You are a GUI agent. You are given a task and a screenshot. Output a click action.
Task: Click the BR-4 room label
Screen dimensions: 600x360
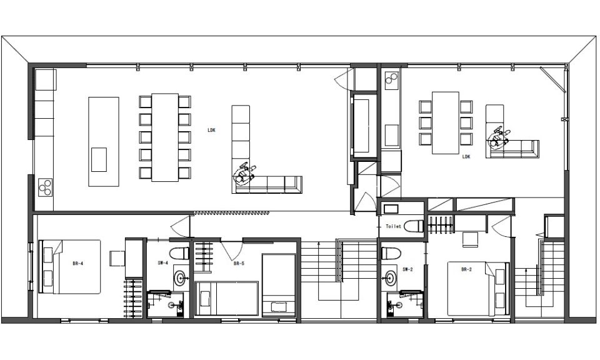click(77, 263)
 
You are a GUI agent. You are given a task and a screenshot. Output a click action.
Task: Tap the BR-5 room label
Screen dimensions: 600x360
click(239, 263)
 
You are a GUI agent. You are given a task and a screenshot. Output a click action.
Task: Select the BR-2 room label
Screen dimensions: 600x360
click(466, 269)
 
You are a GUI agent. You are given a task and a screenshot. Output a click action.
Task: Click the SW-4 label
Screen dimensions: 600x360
click(162, 263)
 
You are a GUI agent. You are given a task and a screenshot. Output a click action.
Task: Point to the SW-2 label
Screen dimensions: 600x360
click(407, 269)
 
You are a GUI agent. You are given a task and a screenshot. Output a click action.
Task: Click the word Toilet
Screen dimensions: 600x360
click(393, 226)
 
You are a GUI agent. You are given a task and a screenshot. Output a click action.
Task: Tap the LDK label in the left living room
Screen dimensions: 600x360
click(212, 130)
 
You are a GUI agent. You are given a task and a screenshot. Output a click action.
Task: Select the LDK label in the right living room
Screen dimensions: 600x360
click(466, 156)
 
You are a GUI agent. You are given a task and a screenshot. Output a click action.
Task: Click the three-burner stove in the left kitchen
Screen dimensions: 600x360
click(45, 187)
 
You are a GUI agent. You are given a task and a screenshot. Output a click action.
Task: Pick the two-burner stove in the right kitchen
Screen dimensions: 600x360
click(391, 78)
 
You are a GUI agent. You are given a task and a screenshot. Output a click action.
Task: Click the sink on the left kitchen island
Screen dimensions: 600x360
click(99, 159)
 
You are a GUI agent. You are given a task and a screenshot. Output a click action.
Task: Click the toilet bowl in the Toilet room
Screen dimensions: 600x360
click(414, 226)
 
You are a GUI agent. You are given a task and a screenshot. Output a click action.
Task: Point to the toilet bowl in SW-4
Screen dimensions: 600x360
click(179, 253)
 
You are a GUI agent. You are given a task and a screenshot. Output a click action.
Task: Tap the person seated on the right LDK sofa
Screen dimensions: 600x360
click(499, 139)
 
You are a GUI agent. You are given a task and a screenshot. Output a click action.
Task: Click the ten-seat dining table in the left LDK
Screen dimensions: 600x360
click(165, 137)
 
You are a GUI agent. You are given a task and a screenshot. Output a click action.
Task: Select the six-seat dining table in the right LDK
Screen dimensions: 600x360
click(446, 122)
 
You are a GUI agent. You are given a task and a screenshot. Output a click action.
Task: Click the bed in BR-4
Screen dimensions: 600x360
click(69, 267)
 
